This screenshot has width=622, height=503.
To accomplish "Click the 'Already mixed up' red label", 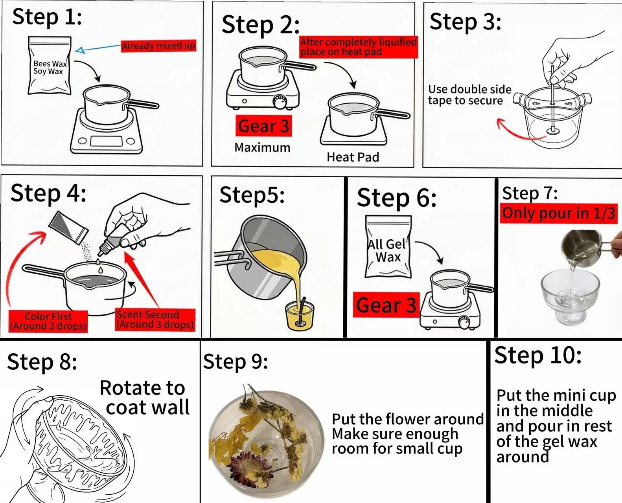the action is pyautogui.click(x=158, y=46).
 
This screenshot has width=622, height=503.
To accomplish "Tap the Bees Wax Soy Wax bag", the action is pyautogui.click(x=50, y=66).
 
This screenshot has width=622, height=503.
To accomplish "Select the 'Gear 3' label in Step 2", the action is pyautogui.click(x=263, y=126).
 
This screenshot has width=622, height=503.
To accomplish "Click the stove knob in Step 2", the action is pyautogui.click(x=280, y=102).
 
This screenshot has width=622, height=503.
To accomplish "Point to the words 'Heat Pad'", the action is pyautogui.click(x=353, y=157).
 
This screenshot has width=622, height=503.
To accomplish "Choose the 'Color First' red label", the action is pyautogui.click(x=48, y=321).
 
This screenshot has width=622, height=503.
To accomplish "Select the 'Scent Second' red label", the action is pyautogui.click(x=155, y=319).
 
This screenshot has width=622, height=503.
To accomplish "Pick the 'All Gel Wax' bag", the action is pyautogui.click(x=388, y=246).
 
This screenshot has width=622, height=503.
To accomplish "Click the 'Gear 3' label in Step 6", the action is pyautogui.click(x=386, y=305).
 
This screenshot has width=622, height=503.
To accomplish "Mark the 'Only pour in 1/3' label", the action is pyautogui.click(x=558, y=213).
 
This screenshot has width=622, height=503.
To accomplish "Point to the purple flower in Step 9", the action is pyautogui.click(x=243, y=461).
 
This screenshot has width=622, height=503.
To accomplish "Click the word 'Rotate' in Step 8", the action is pyautogui.click(x=125, y=388).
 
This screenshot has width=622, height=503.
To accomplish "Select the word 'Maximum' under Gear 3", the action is pyautogui.click(x=262, y=147).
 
